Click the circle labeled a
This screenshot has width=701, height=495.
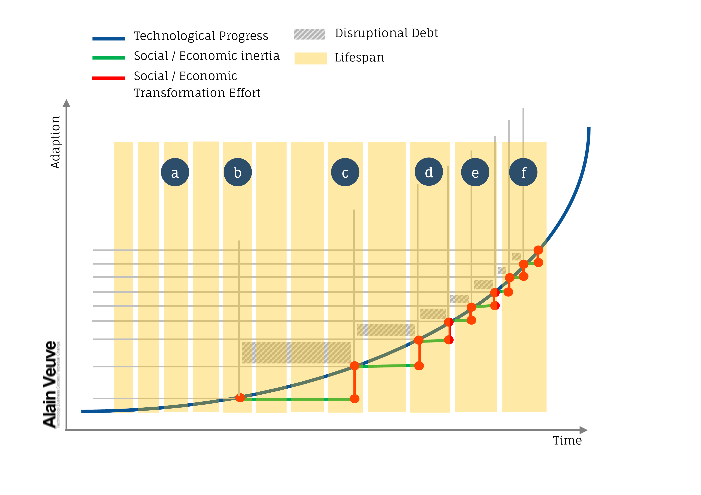click(x=175, y=172)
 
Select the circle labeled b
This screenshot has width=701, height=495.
click(x=238, y=172)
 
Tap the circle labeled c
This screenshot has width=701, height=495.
click(x=345, y=172)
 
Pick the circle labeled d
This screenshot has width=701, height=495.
click(x=429, y=172)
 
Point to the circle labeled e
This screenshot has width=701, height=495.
click(x=475, y=172)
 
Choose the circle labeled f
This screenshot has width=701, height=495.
click(x=523, y=172)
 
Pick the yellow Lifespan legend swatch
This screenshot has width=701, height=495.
click(x=311, y=58)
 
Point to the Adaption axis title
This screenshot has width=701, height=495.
click(x=55, y=142)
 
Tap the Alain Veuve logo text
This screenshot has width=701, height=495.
click(x=50, y=384)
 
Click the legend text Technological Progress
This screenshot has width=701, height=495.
click(x=201, y=36)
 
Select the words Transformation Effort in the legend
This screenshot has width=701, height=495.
click(x=197, y=93)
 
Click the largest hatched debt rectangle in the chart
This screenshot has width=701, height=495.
click(x=296, y=352)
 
